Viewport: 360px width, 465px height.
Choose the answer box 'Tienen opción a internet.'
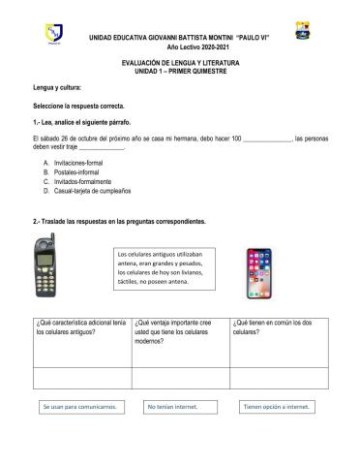pos(277,408)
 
